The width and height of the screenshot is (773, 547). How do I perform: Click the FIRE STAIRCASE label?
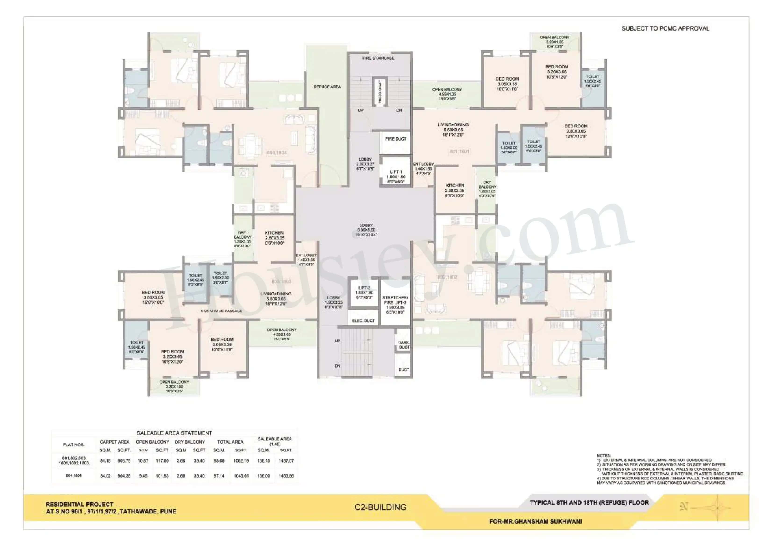coord(378,58)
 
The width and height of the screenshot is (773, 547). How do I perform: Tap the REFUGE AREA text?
coord(327,87)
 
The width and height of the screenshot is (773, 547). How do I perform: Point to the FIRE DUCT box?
coord(396,139)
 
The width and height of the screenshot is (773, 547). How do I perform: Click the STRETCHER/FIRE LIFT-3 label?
coord(395,305)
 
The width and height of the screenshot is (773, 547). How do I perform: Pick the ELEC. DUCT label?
coord(363,321)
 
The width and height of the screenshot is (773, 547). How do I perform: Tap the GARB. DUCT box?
coord(404,345)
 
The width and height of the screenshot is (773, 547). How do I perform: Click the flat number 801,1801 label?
coord(459,152)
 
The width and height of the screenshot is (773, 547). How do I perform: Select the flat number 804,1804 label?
coord(277,153)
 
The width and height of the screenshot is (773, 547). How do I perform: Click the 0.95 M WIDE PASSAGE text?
coord(222,311)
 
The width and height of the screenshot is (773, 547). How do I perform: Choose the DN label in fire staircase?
coord(399,110)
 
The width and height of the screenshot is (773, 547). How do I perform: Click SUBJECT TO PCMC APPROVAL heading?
coord(665,29)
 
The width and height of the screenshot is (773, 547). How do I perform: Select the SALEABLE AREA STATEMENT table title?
coord(174,433)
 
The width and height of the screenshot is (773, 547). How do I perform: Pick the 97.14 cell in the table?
coord(219,476)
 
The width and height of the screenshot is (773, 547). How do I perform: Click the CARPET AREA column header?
coord(115,442)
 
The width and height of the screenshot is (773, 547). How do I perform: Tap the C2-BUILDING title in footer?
coord(380,507)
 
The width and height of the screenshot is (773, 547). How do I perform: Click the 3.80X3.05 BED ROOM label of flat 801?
coord(576,131)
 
